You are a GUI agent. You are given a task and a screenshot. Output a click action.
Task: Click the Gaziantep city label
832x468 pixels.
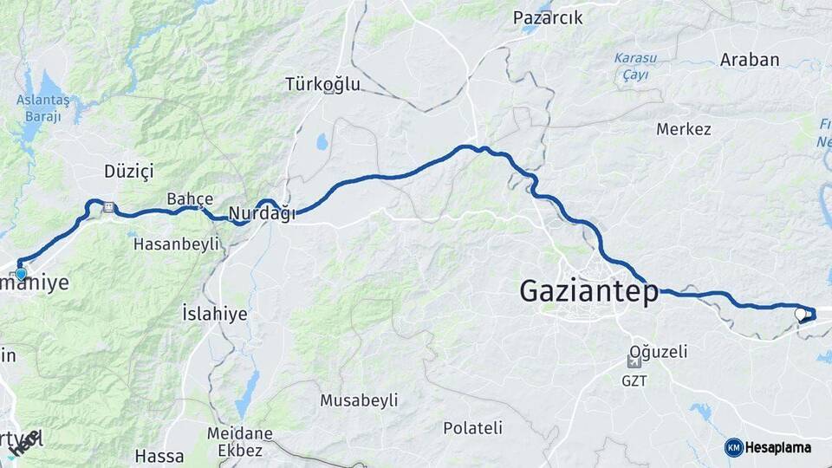(x=588, y=291)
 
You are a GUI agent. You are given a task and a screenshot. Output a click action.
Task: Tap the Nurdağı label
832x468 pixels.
(x=262, y=213)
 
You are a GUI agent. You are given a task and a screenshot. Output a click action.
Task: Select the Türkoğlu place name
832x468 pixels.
(x=322, y=84)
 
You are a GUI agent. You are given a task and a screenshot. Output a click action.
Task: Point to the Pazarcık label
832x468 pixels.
(x=547, y=17)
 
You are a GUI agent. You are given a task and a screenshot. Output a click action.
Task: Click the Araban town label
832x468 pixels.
(x=750, y=60)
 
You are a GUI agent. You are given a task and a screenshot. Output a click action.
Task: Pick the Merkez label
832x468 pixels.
(x=683, y=129)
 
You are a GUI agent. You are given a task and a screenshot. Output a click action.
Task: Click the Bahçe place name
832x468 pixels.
(x=190, y=199)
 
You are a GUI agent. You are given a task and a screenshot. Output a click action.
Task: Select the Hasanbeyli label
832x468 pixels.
(x=176, y=244)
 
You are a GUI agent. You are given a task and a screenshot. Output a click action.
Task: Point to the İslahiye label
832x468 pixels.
(x=215, y=313)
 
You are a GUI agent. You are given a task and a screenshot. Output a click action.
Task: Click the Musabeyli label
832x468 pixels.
(x=359, y=400)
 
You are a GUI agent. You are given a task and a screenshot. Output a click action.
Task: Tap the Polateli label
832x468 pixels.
(x=472, y=427)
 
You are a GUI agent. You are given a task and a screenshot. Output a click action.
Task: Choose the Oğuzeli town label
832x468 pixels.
(x=657, y=352)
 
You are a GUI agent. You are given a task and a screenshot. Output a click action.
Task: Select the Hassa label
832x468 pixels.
(x=159, y=455)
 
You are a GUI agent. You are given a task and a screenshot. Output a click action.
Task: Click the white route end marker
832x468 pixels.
(x=801, y=314)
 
